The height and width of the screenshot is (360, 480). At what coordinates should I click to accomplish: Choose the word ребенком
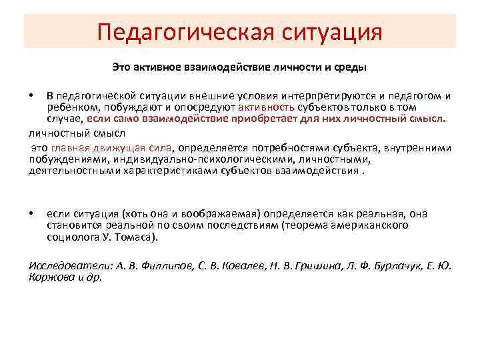pyautogui.click(x=69, y=108)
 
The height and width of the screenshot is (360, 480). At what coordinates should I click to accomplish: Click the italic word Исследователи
pyautogui.click(x=62, y=266)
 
